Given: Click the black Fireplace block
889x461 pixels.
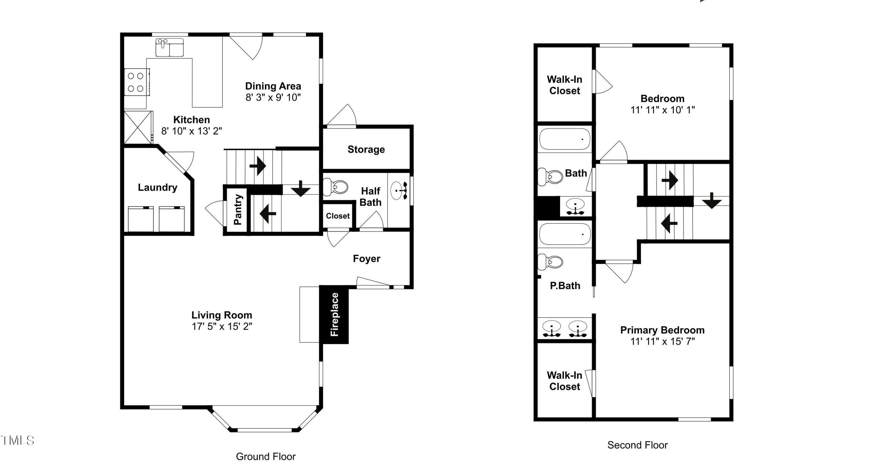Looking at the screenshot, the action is pos(334,314).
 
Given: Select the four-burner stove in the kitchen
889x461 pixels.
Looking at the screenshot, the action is pos(137,82).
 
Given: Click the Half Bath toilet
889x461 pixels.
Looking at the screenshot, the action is pos(335,187).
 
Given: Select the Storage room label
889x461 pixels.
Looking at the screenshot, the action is pos(366,149).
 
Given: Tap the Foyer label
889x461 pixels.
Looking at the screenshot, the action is pos(367,259).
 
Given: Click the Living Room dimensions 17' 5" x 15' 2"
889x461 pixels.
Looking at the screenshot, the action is pos(222,326).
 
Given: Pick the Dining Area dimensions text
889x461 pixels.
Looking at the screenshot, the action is pos(273,97).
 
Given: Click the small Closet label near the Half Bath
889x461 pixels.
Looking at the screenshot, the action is pos(338,216).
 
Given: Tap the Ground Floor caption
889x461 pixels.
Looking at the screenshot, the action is pos(266,456).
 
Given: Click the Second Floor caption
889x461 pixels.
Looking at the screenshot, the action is pos(637,445).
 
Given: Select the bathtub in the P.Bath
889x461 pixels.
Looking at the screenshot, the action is pos(565,234).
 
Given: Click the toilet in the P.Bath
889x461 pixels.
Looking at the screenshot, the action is pos(550,261).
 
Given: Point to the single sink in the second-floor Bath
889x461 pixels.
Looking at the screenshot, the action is pos(575,206).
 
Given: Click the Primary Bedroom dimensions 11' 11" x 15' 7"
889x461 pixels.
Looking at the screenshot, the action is pos(663,341).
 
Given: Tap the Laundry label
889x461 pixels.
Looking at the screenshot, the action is pos(157,187).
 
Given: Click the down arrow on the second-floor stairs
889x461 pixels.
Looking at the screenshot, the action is pos(711,200).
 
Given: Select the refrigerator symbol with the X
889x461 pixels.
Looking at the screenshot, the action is pos(138,127).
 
